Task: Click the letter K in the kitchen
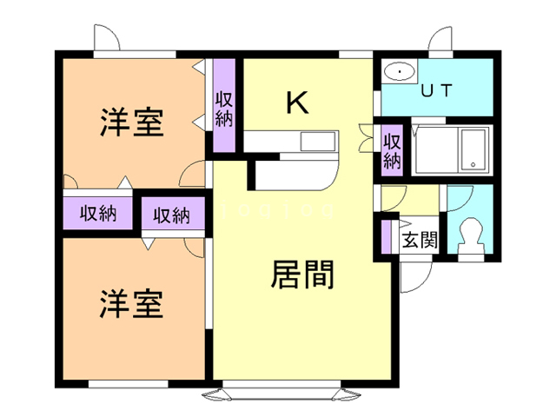point(298,103)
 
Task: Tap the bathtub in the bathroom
point(473,149)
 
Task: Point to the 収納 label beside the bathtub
point(392,149)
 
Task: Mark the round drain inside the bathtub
point(471,162)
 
